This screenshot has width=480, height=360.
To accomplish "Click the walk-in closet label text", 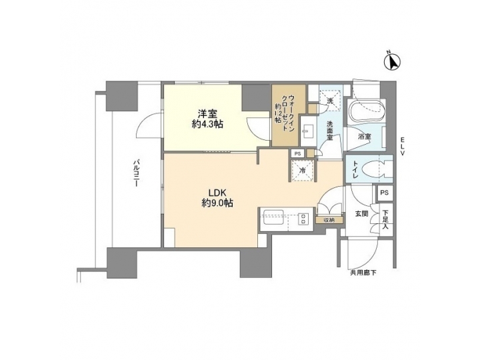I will point(283,113).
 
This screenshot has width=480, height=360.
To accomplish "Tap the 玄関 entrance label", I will point(361,213).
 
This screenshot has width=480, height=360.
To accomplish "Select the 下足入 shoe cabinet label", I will point(384,219).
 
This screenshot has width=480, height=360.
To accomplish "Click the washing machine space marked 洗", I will point(329,100).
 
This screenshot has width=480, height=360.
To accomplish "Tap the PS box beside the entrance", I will point(383,192).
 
